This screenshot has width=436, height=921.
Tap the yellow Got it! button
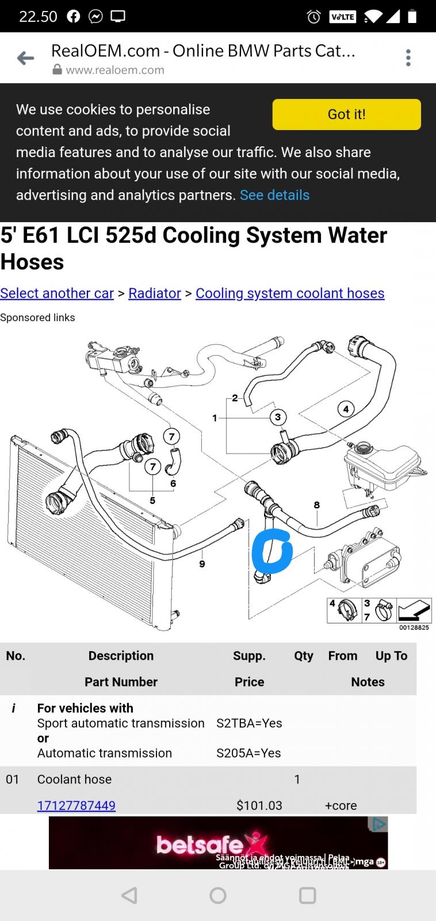click(x=346, y=114)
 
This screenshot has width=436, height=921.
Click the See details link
click(x=274, y=195)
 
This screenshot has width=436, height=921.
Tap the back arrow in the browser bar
click(x=25, y=58)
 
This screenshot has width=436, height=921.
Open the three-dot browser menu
click(x=408, y=58)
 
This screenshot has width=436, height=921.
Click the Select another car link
click(x=57, y=293)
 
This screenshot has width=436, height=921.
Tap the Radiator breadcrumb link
click(x=155, y=293)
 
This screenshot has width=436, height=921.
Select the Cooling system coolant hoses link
click(x=290, y=293)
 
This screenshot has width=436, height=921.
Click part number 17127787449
click(x=76, y=805)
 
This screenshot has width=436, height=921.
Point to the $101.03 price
click(x=259, y=805)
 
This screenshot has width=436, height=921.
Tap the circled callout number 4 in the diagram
click(x=346, y=409)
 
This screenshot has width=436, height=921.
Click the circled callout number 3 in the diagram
click(x=278, y=417)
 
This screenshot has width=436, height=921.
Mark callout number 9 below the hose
click(x=202, y=564)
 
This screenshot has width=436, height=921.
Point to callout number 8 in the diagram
click(x=317, y=505)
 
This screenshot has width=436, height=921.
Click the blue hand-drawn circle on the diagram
click(x=272, y=551)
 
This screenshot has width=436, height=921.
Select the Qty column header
click(x=303, y=656)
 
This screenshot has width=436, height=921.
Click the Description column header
click(x=121, y=656)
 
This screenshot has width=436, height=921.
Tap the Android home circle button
click(x=218, y=895)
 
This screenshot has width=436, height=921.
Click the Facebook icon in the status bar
click(x=73, y=16)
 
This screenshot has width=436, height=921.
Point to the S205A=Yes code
click(x=249, y=753)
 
